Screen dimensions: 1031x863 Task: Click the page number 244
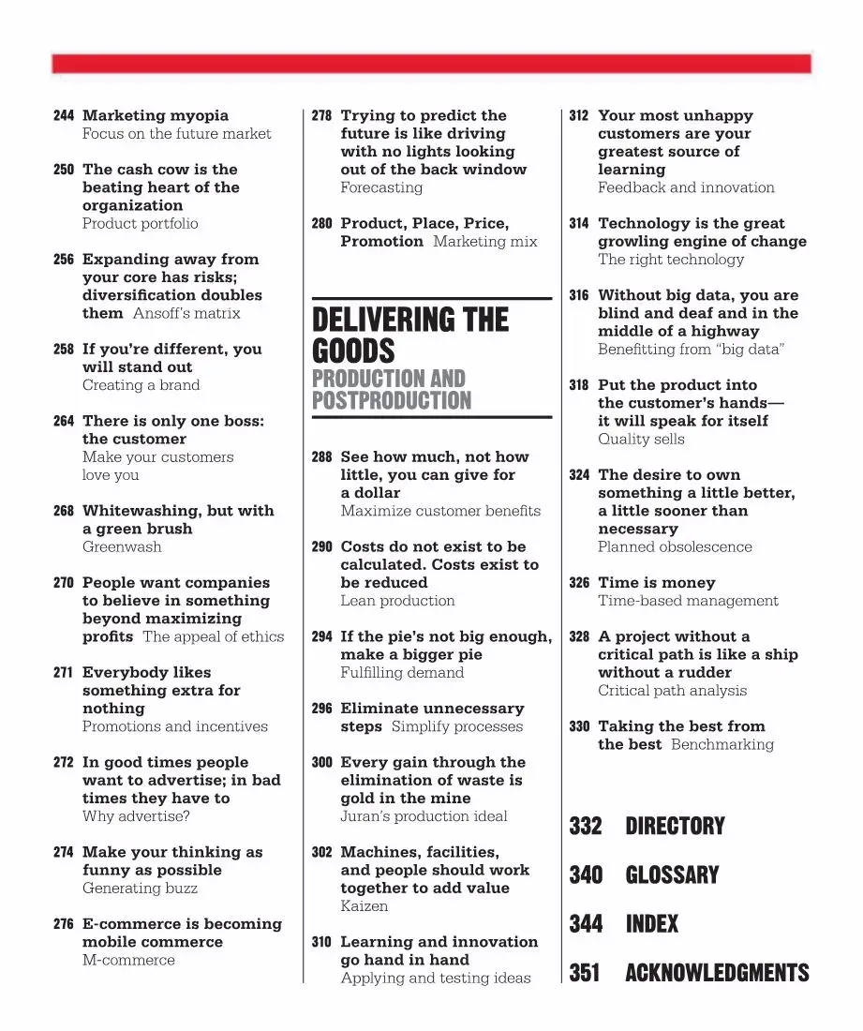click(64, 116)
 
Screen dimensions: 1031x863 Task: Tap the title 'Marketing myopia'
click(156, 116)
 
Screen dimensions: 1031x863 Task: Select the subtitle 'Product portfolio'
click(141, 224)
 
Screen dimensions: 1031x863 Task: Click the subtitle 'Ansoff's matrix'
click(186, 314)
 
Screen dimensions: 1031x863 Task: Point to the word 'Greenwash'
click(122, 547)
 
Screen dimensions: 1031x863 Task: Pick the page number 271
click(64, 673)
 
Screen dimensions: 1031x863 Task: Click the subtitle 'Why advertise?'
click(136, 816)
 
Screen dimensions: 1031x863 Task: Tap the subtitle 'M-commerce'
click(128, 961)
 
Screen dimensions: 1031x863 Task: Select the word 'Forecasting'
click(381, 188)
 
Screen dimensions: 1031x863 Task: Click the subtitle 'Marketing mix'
click(485, 242)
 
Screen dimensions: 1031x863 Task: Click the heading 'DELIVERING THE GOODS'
click(410, 336)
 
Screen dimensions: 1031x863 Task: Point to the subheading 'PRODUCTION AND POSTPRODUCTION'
click(392, 390)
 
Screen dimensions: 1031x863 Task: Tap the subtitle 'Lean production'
click(397, 601)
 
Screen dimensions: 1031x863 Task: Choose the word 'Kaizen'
click(364, 906)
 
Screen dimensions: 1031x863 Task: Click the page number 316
click(579, 296)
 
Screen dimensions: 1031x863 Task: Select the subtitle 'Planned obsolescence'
click(675, 547)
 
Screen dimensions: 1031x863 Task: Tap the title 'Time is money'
click(656, 583)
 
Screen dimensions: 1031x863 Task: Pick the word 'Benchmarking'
click(722, 745)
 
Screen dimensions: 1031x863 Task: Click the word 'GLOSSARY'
click(672, 875)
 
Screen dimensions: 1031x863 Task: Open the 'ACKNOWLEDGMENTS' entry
click(717, 973)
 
